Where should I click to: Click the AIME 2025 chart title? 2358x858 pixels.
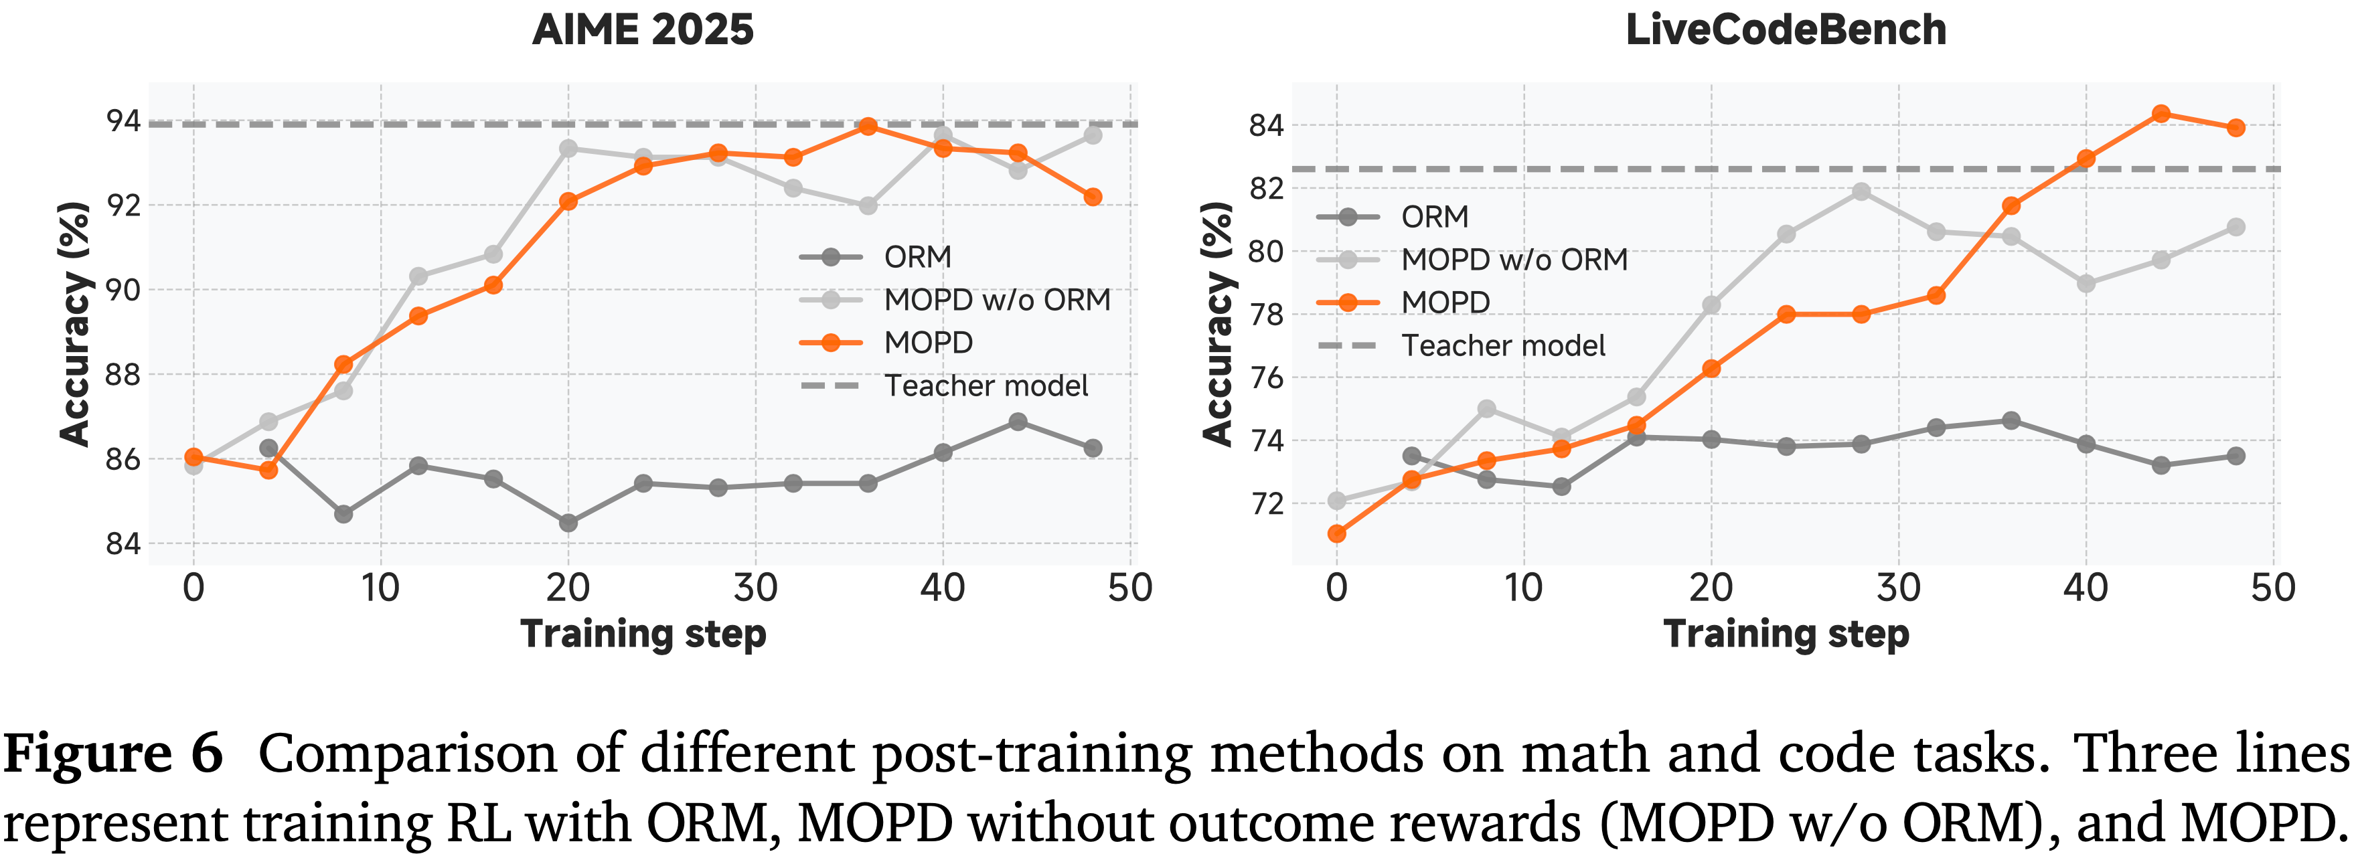[643, 29]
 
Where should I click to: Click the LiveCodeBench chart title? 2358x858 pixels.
[1785, 29]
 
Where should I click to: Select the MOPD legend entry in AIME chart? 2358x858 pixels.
[928, 343]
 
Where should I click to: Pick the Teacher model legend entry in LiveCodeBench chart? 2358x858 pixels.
[1503, 346]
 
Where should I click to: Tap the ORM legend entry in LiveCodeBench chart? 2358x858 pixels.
[1434, 217]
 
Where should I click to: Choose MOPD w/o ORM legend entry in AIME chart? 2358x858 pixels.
[997, 300]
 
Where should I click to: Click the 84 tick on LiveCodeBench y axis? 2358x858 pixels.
[1267, 125]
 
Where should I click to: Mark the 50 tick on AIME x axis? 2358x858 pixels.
[1129, 587]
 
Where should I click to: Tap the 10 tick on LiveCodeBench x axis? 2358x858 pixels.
[1523, 587]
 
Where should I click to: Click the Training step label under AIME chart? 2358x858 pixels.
[643, 634]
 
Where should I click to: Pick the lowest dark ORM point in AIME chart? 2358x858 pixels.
[568, 523]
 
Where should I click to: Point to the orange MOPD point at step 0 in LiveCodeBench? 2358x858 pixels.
[1336, 533]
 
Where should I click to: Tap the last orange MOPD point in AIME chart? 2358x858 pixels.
[1093, 197]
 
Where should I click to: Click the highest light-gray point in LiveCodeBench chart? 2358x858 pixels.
[1861, 192]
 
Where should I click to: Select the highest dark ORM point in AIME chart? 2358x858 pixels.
[1018, 422]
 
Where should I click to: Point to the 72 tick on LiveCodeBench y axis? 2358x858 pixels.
[1267, 504]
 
